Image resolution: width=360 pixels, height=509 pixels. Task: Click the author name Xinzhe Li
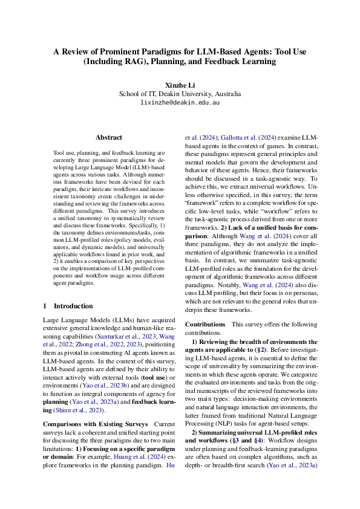[180, 85]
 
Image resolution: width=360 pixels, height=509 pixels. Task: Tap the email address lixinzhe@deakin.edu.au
[180, 103]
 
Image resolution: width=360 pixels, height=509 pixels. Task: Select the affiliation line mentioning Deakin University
[180, 94]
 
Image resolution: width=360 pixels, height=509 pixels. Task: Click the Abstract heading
[109, 138]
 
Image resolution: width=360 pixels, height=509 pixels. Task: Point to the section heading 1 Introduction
[68, 306]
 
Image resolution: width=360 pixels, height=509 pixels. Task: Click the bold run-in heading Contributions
[205, 325]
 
